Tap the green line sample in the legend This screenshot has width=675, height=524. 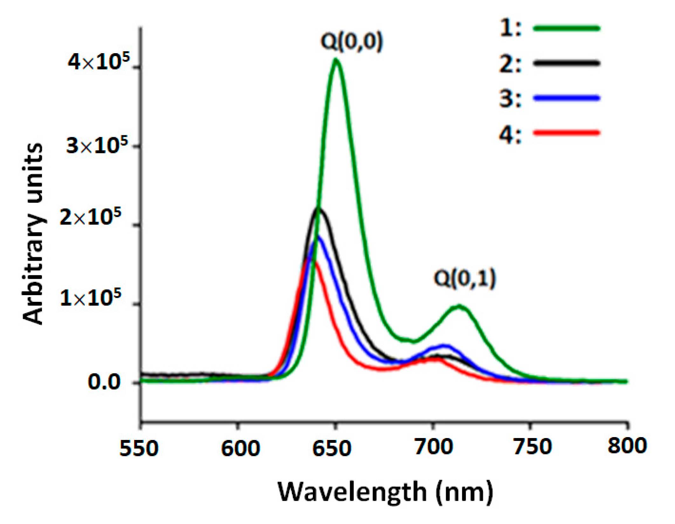(566, 28)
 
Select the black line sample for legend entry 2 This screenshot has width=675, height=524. (566, 63)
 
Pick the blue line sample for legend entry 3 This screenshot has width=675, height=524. (566, 98)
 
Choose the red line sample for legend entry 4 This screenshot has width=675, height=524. (566, 132)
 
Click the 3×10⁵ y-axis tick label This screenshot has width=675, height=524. (97, 145)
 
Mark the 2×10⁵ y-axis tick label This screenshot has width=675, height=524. (91, 217)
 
